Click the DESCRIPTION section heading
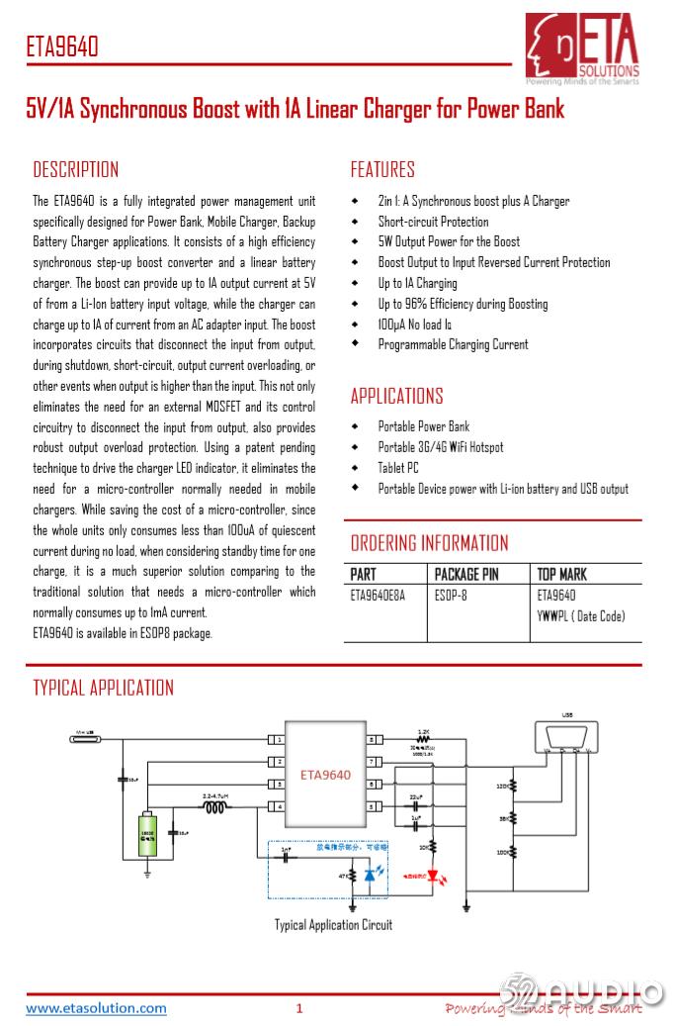pyautogui.click(x=75, y=169)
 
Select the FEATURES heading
pyautogui.click(x=382, y=169)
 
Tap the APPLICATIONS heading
pyautogui.click(x=396, y=396)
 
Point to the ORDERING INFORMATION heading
pyautogui.click(x=429, y=543)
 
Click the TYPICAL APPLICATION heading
pyautogui.click(x=103, y=688)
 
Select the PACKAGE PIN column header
pyautogui.click(x=466, y=574)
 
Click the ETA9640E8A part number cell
pyautogui.click(x=378, y=596)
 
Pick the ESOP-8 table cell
pyautogui.click(x=453, y=596)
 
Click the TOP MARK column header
pyautogui.click(x=561, y=574)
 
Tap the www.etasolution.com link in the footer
pyautogui.click(x=96, y=1008)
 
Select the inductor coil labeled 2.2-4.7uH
pyautogui.click(x=215, y=807)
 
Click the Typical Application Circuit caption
pyautogui.click(x=333, y=925)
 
